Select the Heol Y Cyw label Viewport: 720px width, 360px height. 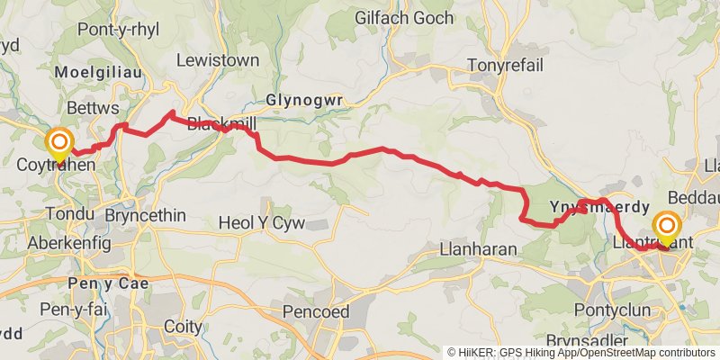coord(263,223)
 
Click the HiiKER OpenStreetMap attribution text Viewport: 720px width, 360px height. coord(582,352)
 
